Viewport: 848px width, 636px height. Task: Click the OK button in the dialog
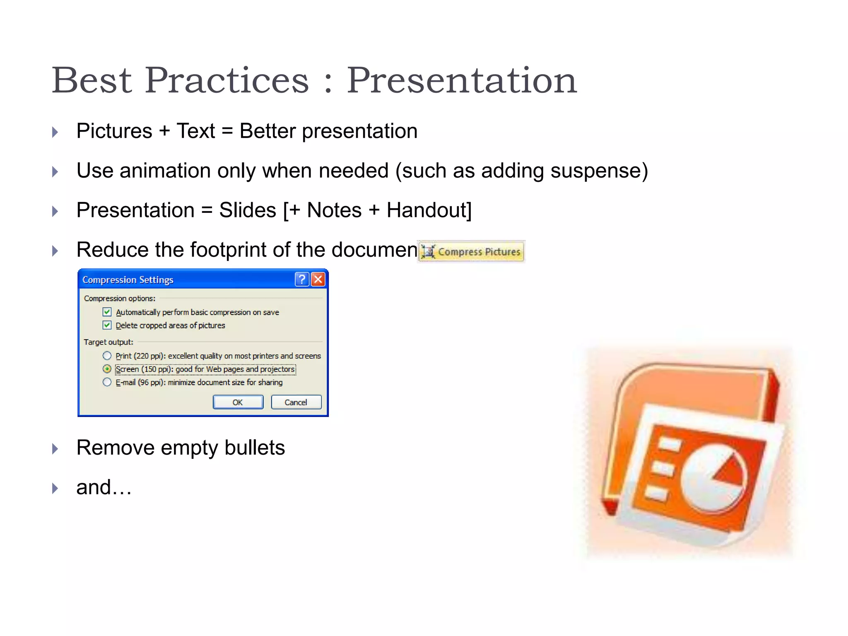(x=238, y=402)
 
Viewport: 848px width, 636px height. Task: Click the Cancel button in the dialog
(x=296, y=402)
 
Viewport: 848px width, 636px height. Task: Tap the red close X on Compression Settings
(x=318, y=279)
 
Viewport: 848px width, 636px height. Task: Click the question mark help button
(x=302, y=279)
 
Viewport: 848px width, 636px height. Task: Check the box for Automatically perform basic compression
(x=107, y=312)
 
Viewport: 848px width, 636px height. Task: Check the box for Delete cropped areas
(x=107, y=325)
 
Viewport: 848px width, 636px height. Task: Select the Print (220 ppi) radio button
(x=107, y=356)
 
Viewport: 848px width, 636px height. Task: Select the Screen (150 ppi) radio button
(x=107, y=369)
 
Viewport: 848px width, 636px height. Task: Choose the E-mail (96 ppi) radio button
(x=107, y=382)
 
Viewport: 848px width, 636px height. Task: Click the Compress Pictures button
(x=471, y=252)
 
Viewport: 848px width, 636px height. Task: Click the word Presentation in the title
(x=461, y=80)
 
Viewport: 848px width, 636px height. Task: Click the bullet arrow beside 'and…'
(x=55, y=488)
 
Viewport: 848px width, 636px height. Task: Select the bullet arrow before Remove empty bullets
(x=55, y=449)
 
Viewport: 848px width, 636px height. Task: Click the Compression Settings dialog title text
(x=128, y=280)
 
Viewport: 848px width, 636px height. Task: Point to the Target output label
(x=108, y=342)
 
